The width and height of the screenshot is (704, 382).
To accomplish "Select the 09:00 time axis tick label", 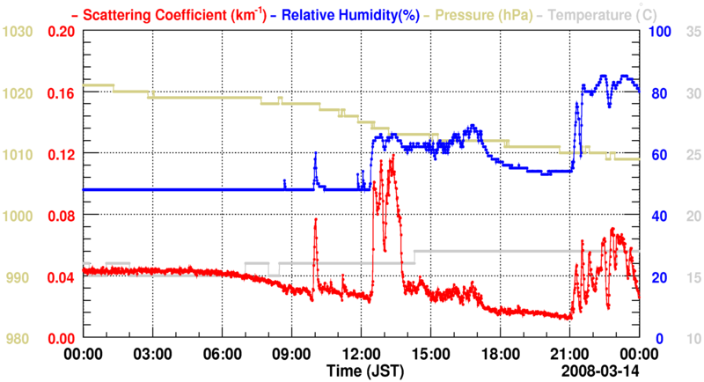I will point(291,351).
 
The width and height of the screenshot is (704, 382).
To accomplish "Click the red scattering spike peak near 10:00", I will point(315,219).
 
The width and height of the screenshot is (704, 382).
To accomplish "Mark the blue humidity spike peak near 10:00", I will point(315,154).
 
